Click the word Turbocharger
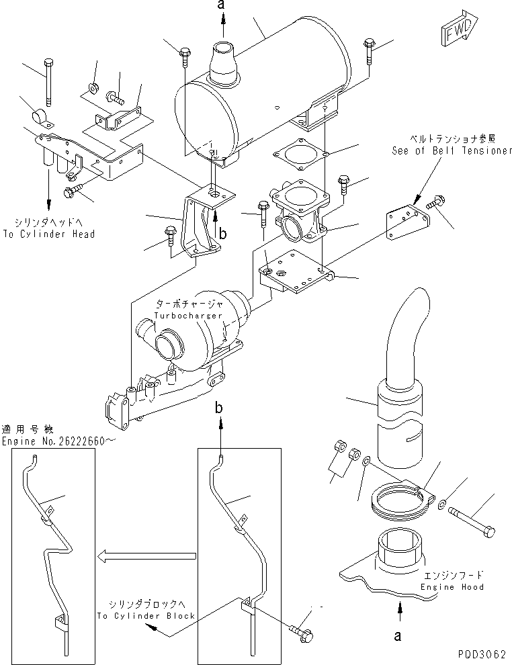point(179,315)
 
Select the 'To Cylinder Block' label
point(146,615)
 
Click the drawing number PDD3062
point(482,653)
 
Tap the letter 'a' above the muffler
point(224,6)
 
